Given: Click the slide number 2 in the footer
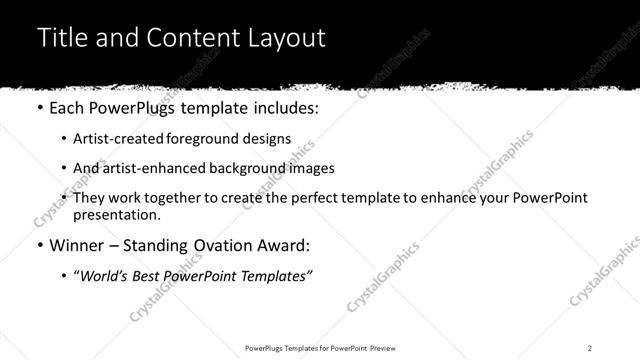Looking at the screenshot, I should pos(590,347).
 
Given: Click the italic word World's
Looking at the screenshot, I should pos(107,274).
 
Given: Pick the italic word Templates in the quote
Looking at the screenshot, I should pos(276,274).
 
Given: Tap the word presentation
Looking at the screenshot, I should pos(115,214).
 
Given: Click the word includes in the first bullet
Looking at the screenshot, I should pos(285,108).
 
